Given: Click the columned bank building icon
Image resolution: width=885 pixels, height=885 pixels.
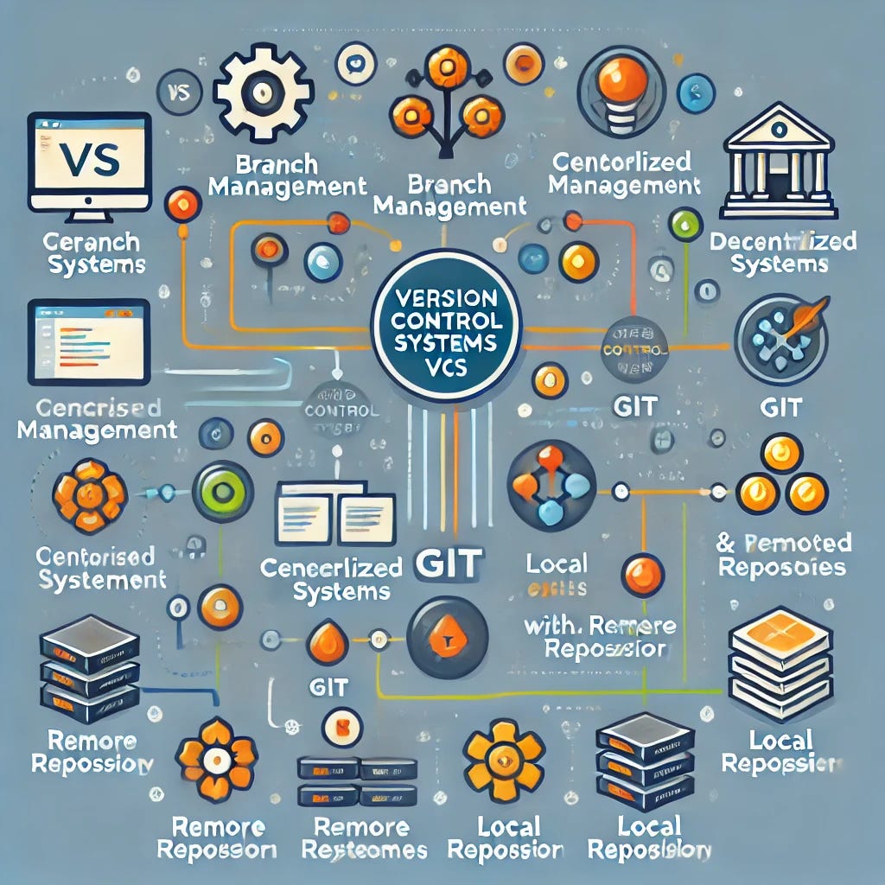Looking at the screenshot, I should pyautogui.click(x=778, y=160).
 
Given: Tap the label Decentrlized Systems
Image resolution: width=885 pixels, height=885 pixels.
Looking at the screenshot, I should pyautogui.click(x=781, y=252).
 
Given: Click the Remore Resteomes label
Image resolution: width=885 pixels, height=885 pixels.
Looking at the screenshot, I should pyautogui.click(x=369, y=838).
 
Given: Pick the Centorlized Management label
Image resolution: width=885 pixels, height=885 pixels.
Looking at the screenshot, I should pyautogui.click(x=624, y=173).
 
